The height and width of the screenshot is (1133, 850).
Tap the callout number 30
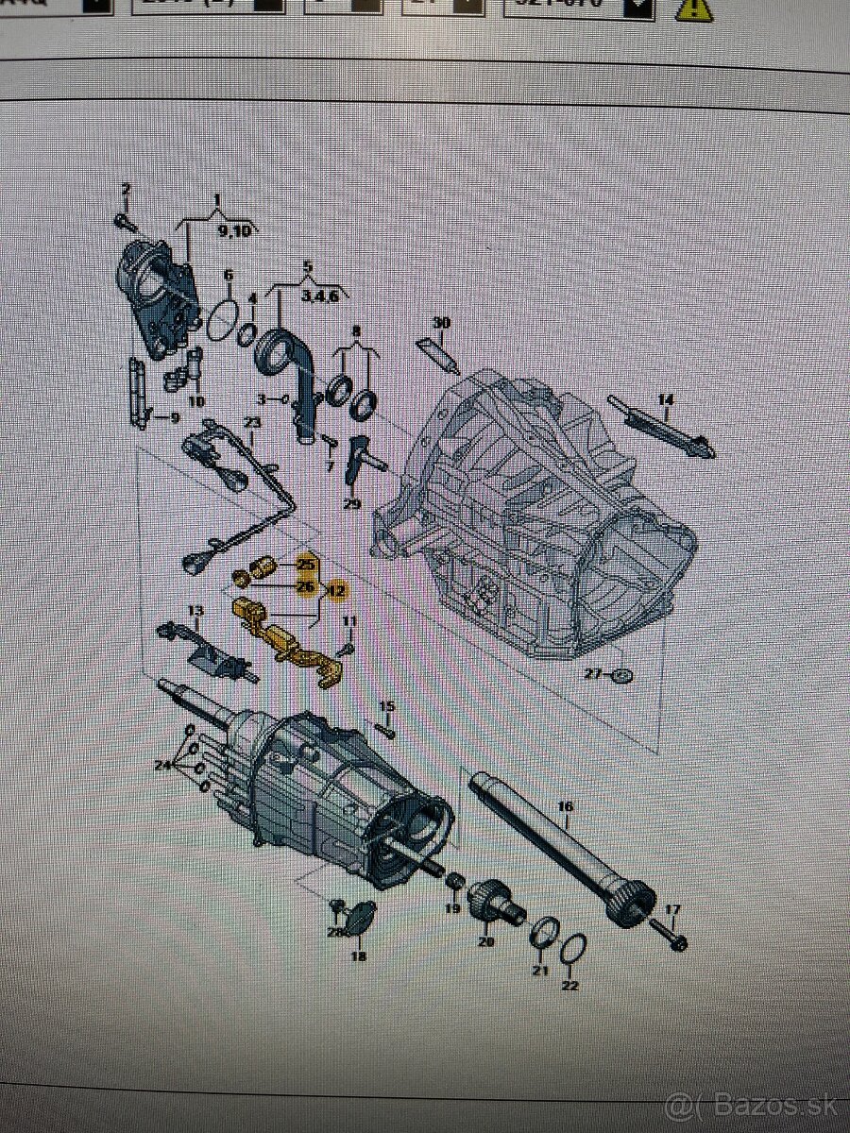pyautogui.click(x=441, y=322)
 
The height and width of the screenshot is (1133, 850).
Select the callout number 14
pyautogui.click(x=666, y=400)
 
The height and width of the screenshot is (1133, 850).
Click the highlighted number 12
pyautogui.click(x=337, y=591)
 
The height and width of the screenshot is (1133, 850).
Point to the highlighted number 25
pyautogui.click(x=305, y=564)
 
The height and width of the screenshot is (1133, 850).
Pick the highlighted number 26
pyautogui.click(x=305, y=586)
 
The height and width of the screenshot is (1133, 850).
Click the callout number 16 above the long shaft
pyautogui.click(x=566, y=806)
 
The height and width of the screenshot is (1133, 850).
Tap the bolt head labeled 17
pyautogui.click(x=680, y=941)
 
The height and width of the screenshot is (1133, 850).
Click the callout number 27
pyautogui.click(x=592, y=674)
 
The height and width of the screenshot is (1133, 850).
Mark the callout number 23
pyautogui.click(x=251, y=423)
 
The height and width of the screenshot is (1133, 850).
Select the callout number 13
pyautogui.click(x=195, y=612)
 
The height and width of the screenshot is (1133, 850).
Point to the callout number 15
pyautogui.click(x=386, y=706)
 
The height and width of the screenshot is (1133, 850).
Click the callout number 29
pyautogui.click(x=351, y=504)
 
